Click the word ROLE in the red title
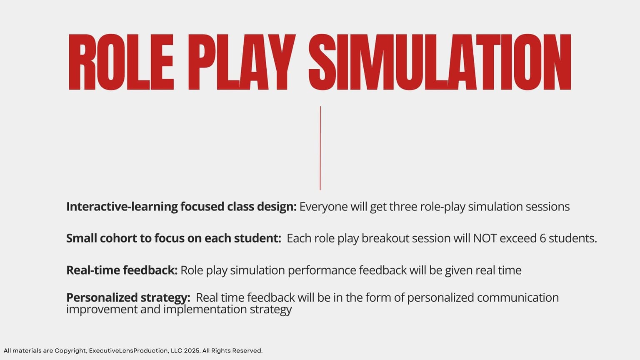[121, 62]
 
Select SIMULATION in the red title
[440, 62]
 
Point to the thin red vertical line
[320, 148]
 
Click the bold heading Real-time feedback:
[122, 270]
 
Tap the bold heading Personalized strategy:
[128, 298]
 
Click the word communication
[518, 298]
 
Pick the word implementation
[205, 310]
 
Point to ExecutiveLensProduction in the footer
[129, 350]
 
